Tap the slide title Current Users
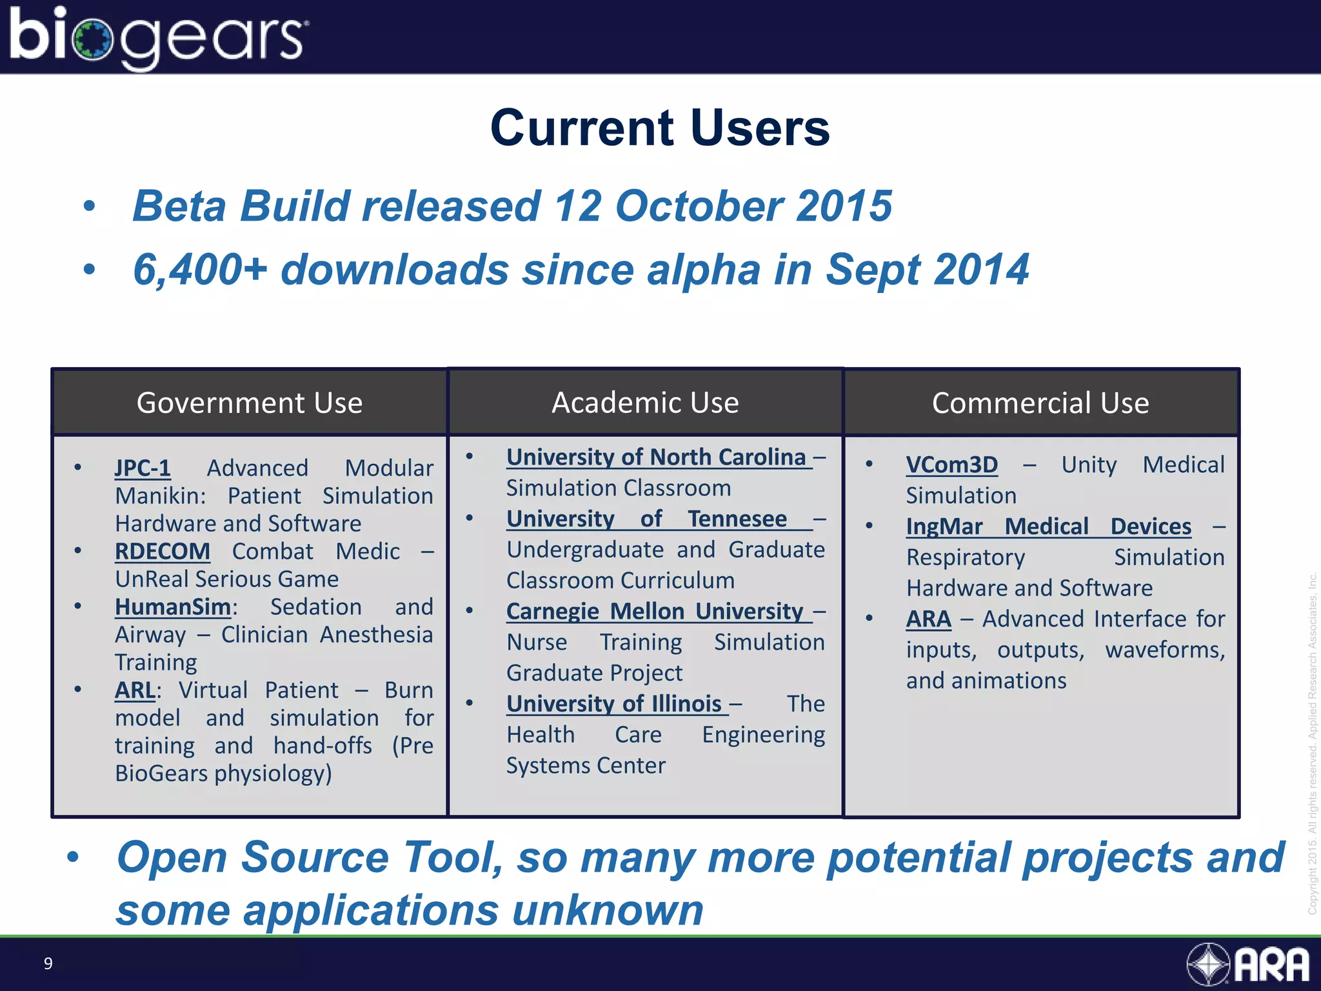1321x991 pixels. [660, 128]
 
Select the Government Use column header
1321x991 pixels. [250, 403]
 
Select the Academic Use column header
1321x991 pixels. [645, 403]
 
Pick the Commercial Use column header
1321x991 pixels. [1040, 403]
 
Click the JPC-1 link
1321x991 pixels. [143, 468]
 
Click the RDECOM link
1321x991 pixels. [163, 552]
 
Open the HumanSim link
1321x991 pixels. [173, 607]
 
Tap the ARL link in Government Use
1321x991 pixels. [135, 690]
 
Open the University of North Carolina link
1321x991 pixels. [656, 457]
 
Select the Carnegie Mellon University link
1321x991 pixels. [655, 611]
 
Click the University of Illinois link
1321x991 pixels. [614, 703]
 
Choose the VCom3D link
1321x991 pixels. [951, 465]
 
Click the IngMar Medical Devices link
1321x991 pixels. [1048, 526]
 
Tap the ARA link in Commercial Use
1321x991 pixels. [928, 619]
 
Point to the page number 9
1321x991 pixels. [48, 963]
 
